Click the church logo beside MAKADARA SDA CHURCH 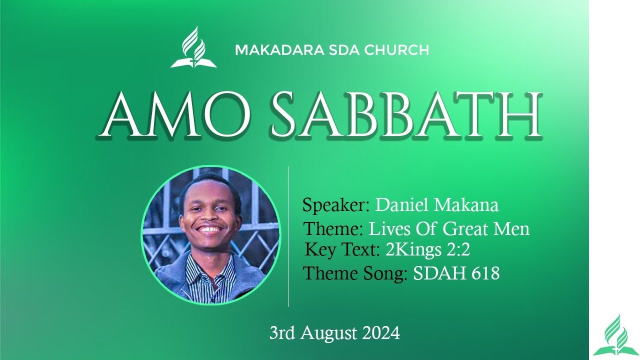coord(193,47)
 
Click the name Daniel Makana coord(436,205)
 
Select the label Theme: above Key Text coord(333,229)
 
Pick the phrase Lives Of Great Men coord(449,229)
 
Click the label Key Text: coord(343,249)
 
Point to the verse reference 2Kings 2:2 coord(428,249)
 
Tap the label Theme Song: coord(355,273)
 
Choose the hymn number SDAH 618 coord(456,273)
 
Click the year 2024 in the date coord(381,333)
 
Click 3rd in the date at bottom coord(281,333)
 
